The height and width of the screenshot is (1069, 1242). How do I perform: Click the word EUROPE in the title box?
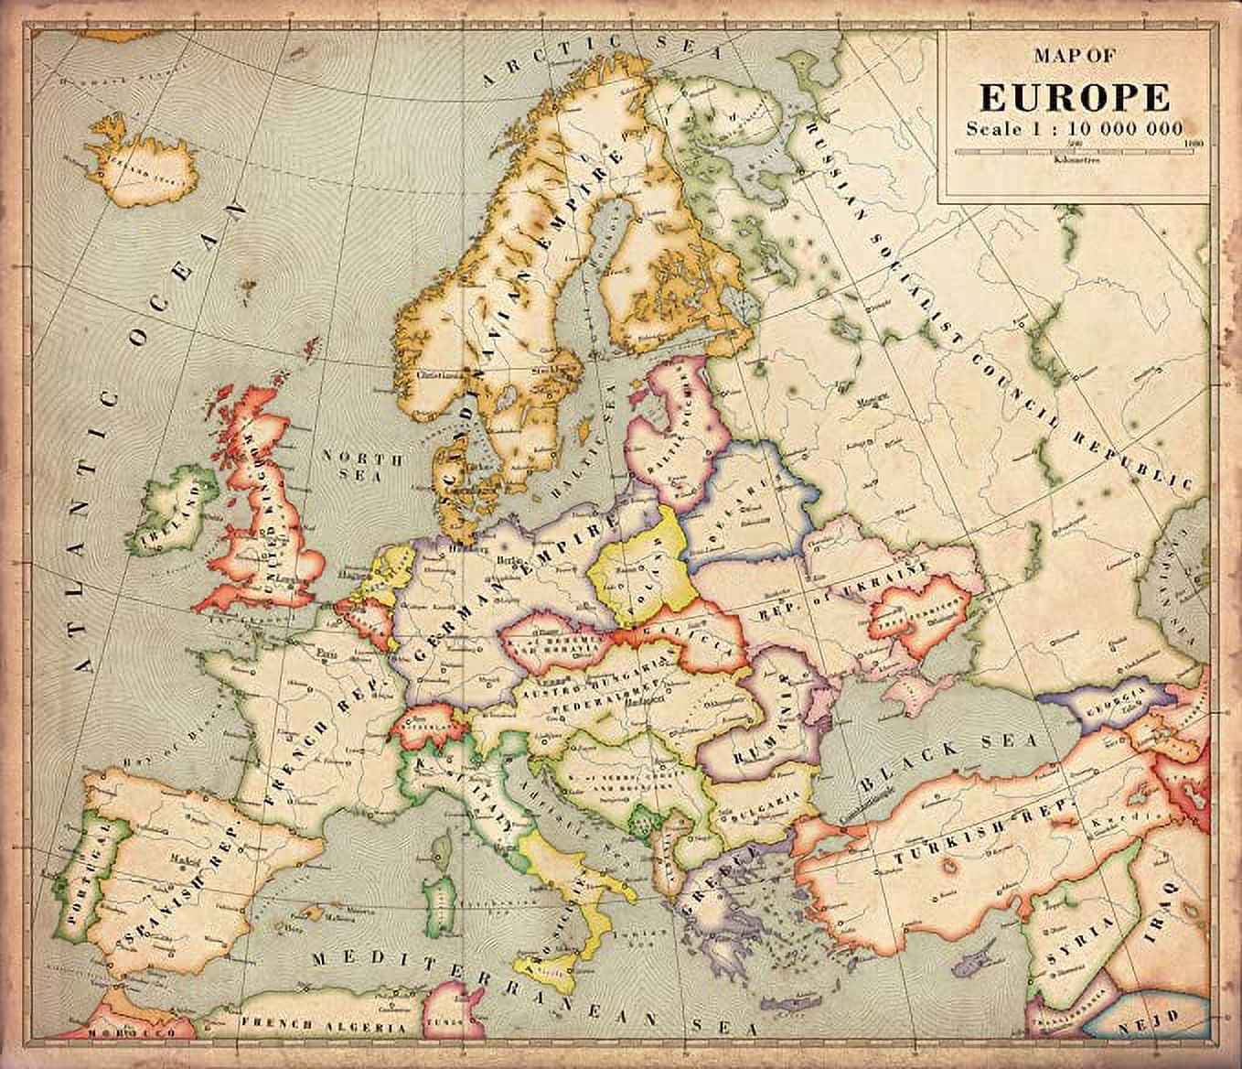[x=1075, y=97]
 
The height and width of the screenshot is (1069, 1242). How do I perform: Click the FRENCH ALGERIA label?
[x=322, y=1026]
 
